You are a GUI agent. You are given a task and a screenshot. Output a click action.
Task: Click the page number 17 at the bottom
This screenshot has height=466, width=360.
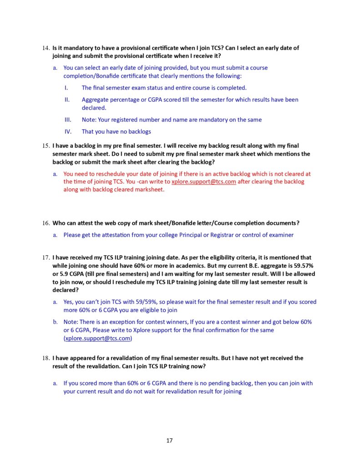click(x=169, y=441)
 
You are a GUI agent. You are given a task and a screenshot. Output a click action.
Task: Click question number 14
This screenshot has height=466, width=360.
click(x=46, y=48)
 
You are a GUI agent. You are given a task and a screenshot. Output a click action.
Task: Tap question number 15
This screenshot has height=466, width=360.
click(x=46, y=146)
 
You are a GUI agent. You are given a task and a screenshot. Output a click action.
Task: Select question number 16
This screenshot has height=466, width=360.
click(x=46, y=223)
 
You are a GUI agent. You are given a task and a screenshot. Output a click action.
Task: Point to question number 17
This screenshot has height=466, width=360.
click(x=46, y=258)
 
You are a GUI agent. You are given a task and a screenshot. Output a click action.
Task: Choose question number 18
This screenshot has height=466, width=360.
click(x=46, y=358)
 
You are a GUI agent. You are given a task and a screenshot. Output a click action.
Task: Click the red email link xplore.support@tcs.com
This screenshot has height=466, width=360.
click(x=203, y=182)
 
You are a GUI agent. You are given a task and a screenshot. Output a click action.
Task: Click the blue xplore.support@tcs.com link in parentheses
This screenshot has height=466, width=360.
click(x=98, y=339)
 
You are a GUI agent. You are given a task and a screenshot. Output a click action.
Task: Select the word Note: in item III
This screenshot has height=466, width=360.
click(x=90, y=120)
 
